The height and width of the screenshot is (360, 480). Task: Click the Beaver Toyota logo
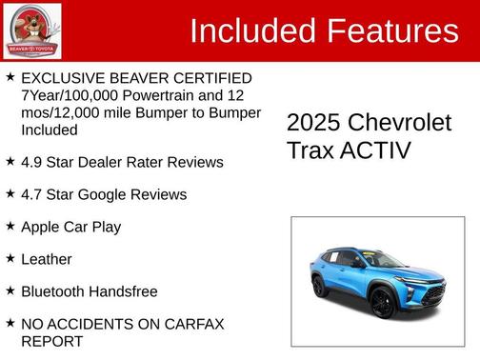(x=31, y=30)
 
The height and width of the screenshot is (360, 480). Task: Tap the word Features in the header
(x=393, y=31)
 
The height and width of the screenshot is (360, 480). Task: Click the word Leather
(x=46, y=259)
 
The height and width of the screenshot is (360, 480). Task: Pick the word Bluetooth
(x=53, y=291)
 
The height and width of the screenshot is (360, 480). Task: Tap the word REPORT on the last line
(x=51, y=341)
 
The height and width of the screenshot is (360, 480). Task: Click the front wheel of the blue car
(x=382, y=302)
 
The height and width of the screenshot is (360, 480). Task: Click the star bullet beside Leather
(x=10, y=258)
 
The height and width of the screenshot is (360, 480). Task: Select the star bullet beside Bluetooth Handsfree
(x=10, y=290)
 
